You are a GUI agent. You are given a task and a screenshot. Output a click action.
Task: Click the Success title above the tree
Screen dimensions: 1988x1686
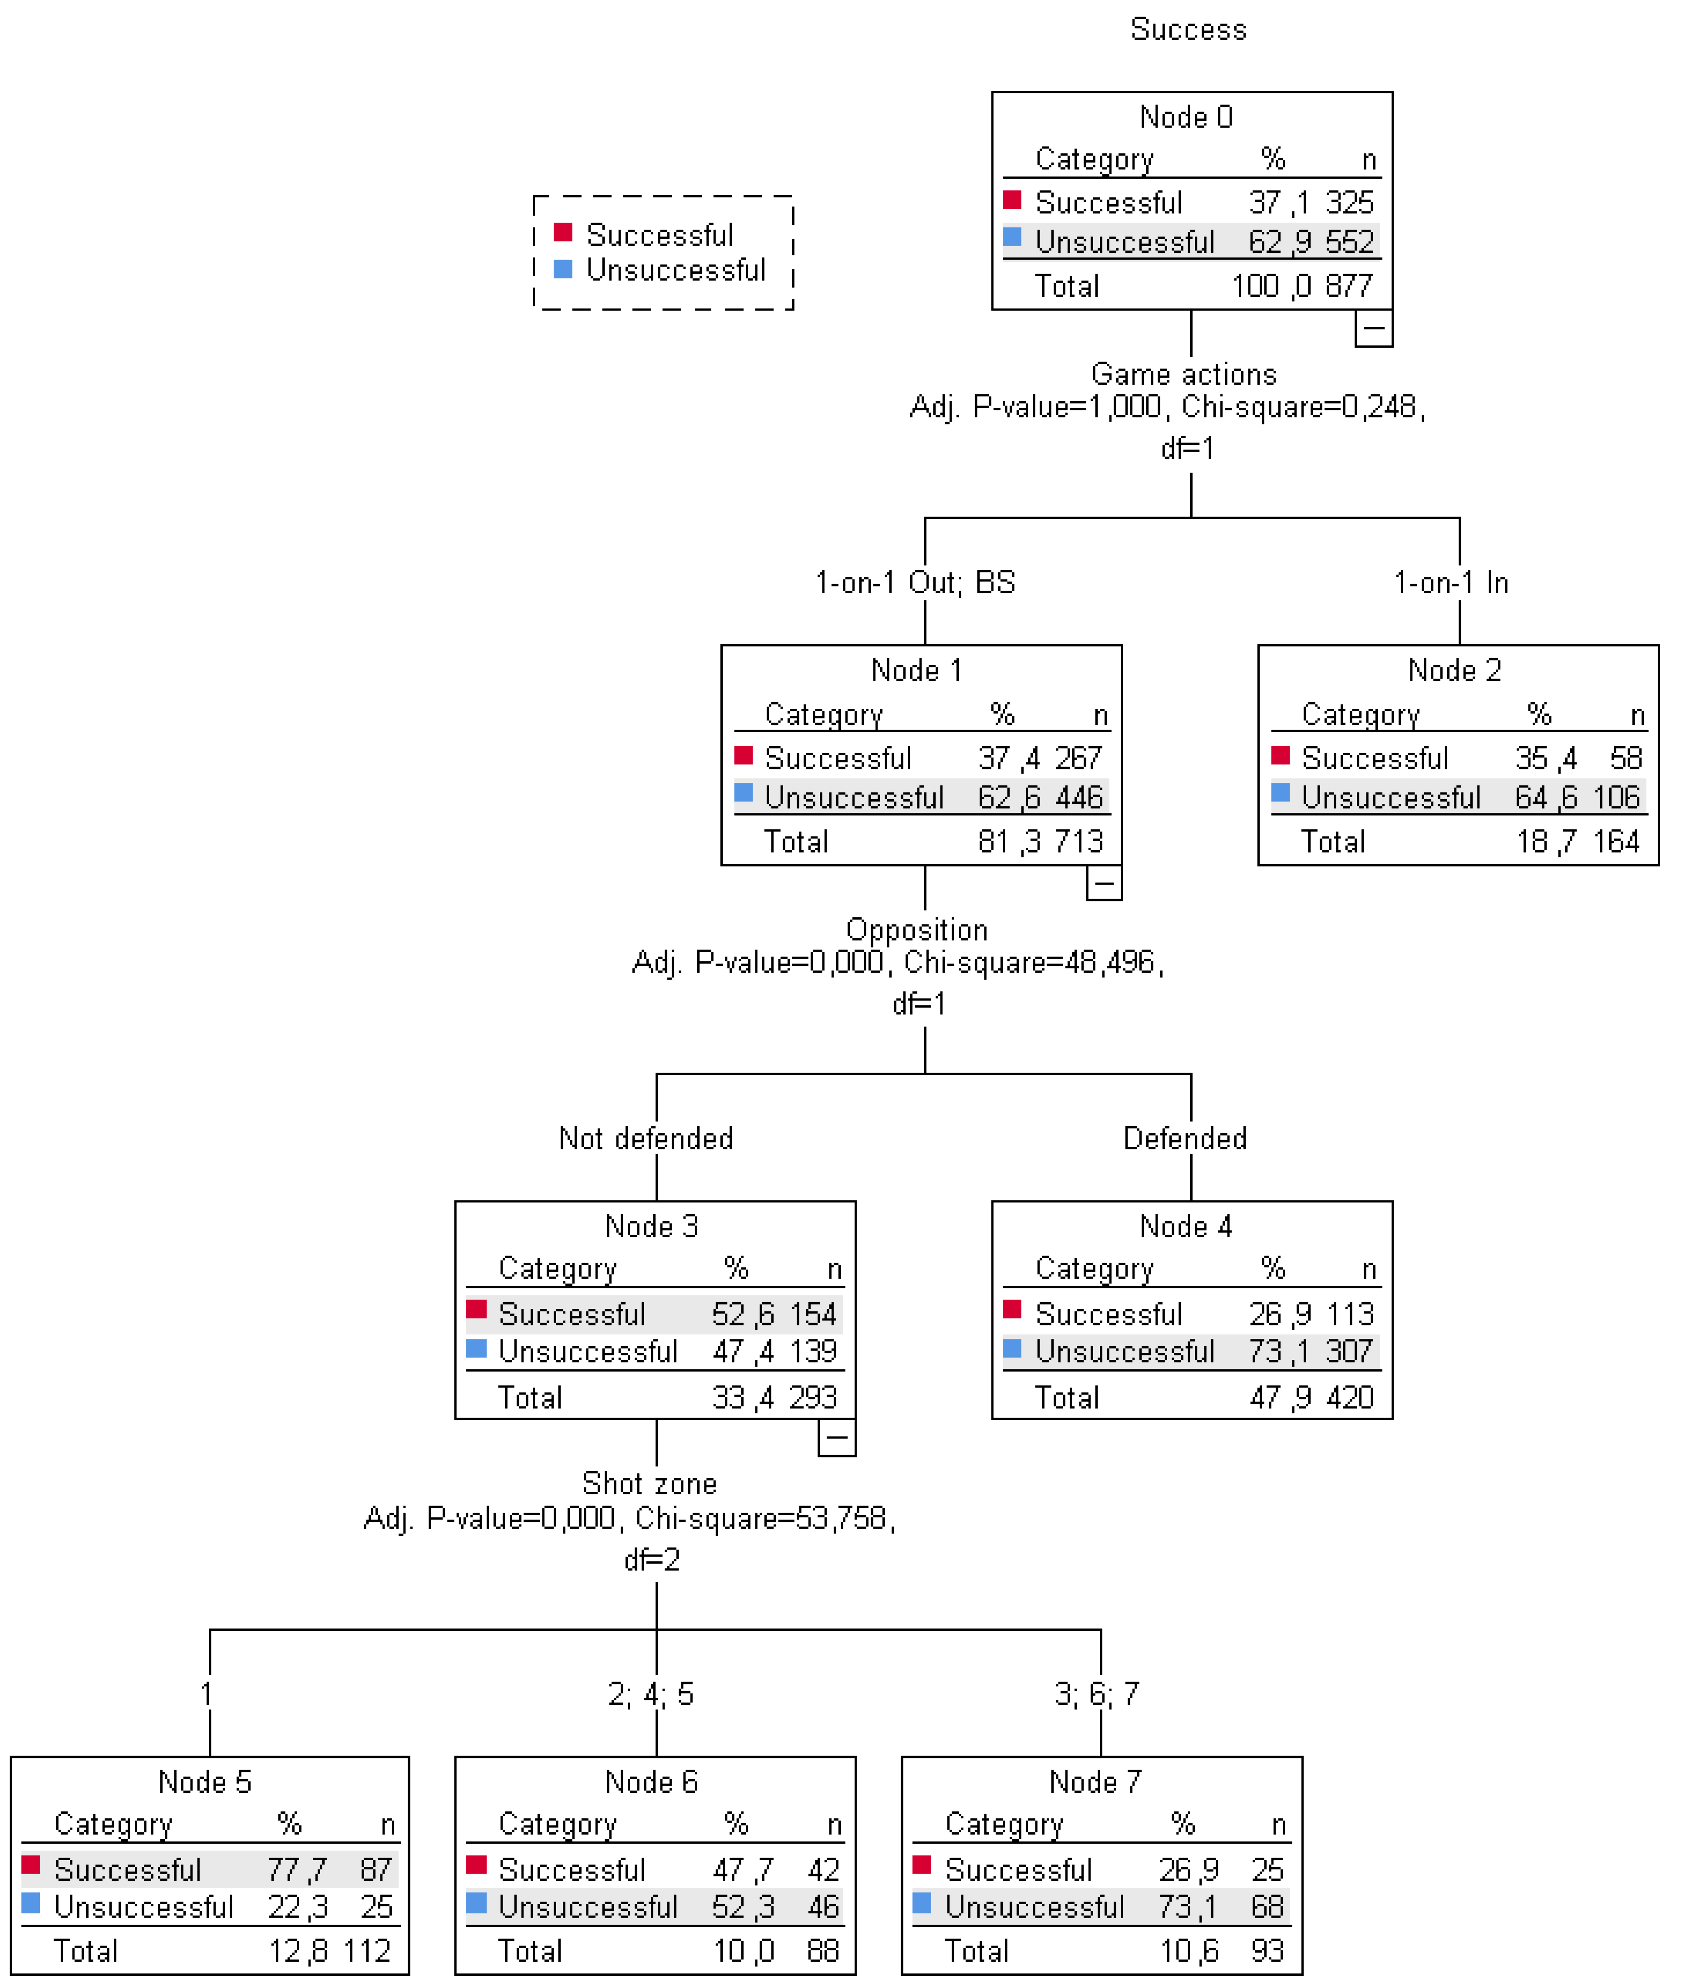[x=1188, y=30]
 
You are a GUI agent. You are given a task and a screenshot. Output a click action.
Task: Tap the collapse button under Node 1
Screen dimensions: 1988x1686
[x=1104, y=883]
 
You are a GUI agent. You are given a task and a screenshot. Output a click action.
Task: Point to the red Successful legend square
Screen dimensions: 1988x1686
[x=563, y=232]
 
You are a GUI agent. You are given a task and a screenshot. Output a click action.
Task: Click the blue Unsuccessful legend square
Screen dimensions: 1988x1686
[x=563, y=270]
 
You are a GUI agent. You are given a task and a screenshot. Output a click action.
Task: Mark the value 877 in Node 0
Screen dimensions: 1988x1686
[x=1349, y=286]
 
